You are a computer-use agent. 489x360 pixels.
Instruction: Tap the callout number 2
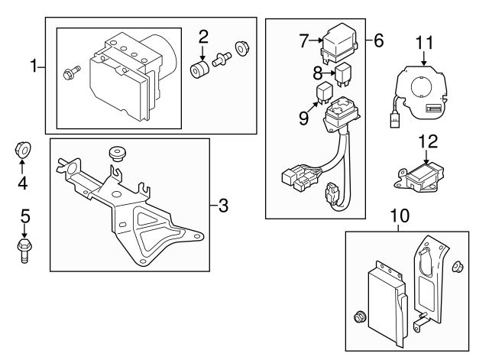(203, 35)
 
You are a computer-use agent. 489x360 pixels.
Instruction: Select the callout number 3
(222, 205)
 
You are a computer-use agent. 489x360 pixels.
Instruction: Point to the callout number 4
(23, 183)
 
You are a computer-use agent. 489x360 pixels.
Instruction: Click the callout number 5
(24, 216)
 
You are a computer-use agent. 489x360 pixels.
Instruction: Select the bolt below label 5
(24, 249)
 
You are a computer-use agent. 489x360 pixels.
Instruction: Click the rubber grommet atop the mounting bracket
(118, 151)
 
